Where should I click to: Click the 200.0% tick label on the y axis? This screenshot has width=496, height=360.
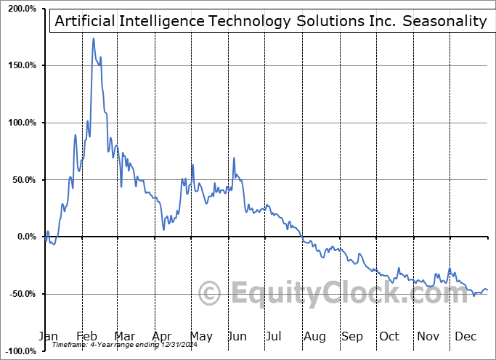tap(22, 9)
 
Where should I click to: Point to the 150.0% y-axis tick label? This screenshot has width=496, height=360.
tap(22, 65)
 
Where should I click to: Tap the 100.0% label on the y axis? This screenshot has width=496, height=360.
tap(22, 123)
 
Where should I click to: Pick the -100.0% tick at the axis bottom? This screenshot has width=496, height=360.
tap(20, 351)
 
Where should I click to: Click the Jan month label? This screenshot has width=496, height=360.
tap(47, 336)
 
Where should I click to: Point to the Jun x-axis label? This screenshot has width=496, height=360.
tap(237, 336)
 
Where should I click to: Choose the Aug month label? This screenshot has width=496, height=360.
tap(314, 336)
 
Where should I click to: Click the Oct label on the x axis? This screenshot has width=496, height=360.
tap(389, 336)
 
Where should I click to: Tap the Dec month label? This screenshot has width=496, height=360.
tap(465, 336)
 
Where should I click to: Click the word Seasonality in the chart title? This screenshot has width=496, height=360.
tap(444, 21)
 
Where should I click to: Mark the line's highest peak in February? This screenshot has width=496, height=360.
tap(93, 38)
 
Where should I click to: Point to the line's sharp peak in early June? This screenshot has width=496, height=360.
tap(234, 157)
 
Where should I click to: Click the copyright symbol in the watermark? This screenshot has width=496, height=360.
tap(210, 294)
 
